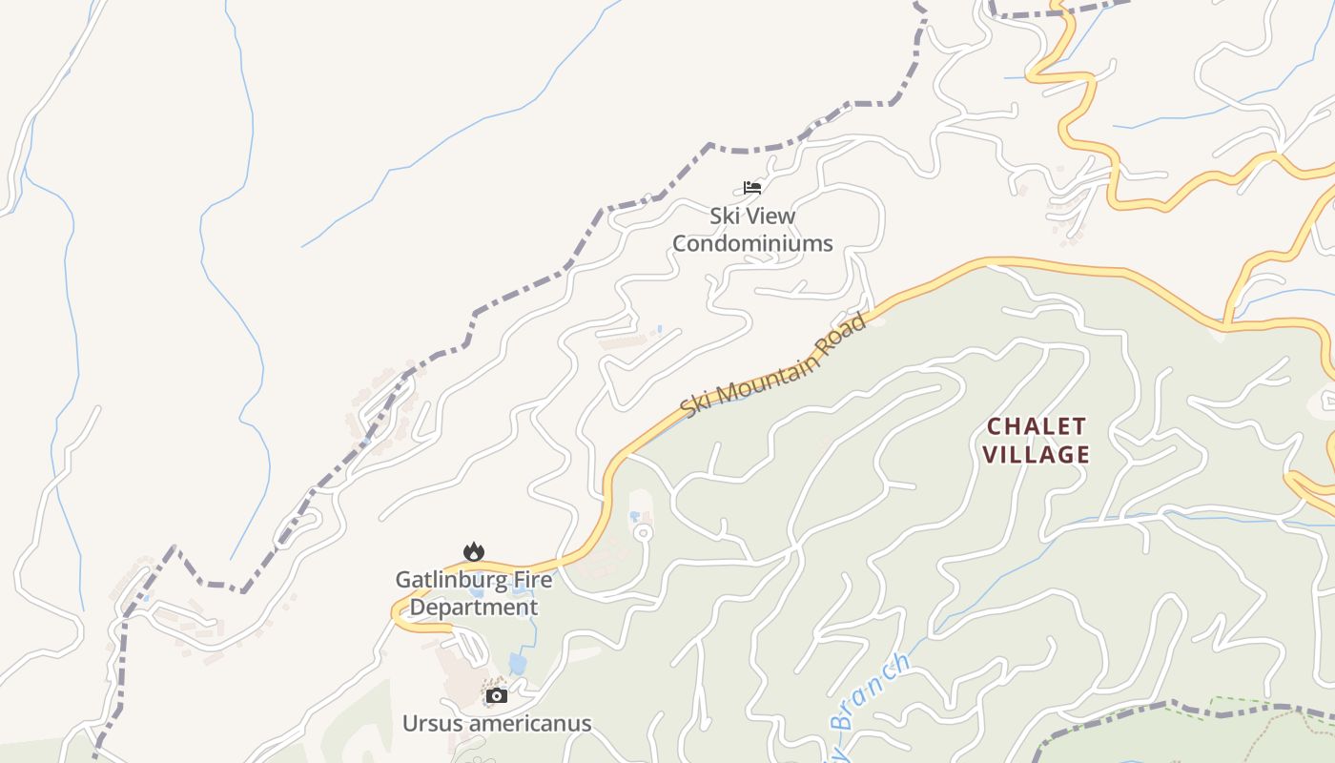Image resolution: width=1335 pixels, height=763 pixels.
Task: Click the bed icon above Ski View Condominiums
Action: pyautogui.click(x=752, y=187)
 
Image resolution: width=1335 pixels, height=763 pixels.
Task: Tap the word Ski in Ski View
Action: pyautogui.click(x=725, y=217)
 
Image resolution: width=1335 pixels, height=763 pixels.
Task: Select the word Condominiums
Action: pyautogui.click(x=752, y=244)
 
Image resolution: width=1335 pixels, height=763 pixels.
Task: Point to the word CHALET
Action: pyautogui.click(x=1037, y=426)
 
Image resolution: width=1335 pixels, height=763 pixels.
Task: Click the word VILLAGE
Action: pyautogui.click(x=1037, y=455)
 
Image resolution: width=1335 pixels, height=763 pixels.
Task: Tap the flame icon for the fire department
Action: pyautogui.click(x=474, y=551)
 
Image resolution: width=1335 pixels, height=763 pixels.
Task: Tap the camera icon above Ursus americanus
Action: pyautogui.click(x=496, y=695)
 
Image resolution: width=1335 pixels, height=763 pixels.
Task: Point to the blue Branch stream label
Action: pyautogui.click(x=870, y=691)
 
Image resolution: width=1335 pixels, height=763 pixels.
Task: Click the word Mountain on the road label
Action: pyautogui.click(x=770, y=368)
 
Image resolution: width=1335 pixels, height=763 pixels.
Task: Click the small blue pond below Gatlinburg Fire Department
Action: pyautogui.click(x=517, y=662)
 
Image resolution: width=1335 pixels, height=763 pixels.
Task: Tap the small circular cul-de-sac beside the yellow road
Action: pyautogui.click(x=644, y=532)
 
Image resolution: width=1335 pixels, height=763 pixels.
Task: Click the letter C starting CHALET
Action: pyautogui.click(x=994, y=426)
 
